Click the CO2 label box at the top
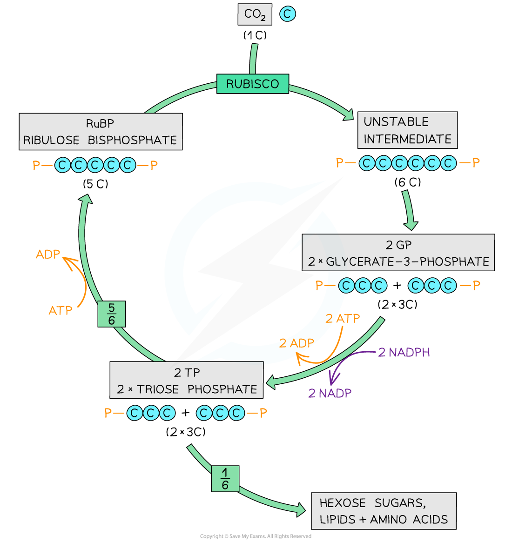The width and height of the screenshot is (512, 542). (x=255, y=14)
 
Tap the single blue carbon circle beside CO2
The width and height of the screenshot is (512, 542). (x=288, y=14)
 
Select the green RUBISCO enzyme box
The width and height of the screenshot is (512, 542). (x=253, y=84)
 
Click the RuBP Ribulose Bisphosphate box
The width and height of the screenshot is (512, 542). (x=101, y=132)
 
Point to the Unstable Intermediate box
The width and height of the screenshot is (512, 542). (x=407, y=130)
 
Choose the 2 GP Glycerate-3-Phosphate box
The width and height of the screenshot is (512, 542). (x=398, y=253)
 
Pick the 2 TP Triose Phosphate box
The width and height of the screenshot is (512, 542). (x=187, y=381)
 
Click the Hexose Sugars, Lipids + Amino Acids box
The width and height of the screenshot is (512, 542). (x=384, y=511)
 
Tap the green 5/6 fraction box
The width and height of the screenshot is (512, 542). (x=112, y=314)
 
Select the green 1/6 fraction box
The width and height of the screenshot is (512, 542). (x=225, y=479)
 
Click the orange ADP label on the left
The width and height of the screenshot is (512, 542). (x=48, y=254)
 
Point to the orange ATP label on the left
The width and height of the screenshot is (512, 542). (x=61, y=310)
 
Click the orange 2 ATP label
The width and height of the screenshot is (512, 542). (x=343, y=319)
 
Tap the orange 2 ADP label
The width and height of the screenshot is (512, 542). (x=296, y=344)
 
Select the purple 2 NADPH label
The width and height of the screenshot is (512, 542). (x=404, y=353)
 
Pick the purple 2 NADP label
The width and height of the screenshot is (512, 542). (x=330, y=394)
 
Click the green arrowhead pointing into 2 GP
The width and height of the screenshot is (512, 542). (x=411, y=224)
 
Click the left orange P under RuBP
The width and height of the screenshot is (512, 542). (x=36, y=165)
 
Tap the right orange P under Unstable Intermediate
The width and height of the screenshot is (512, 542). (x=476, y=163)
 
